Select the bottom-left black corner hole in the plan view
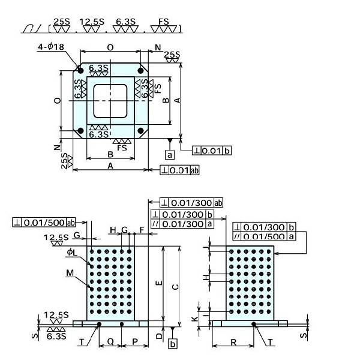click(79, 130)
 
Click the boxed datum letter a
click(170, 155)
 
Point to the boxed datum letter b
click(173, 344)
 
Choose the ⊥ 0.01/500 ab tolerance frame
click(44, 223)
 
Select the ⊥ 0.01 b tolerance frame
click(212, 150)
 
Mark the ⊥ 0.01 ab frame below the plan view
click(179, 171)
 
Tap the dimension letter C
click(175, 287)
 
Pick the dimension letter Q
click(110, 340)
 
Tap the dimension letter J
click(205, 247)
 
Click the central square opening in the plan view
click(110, 101)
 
